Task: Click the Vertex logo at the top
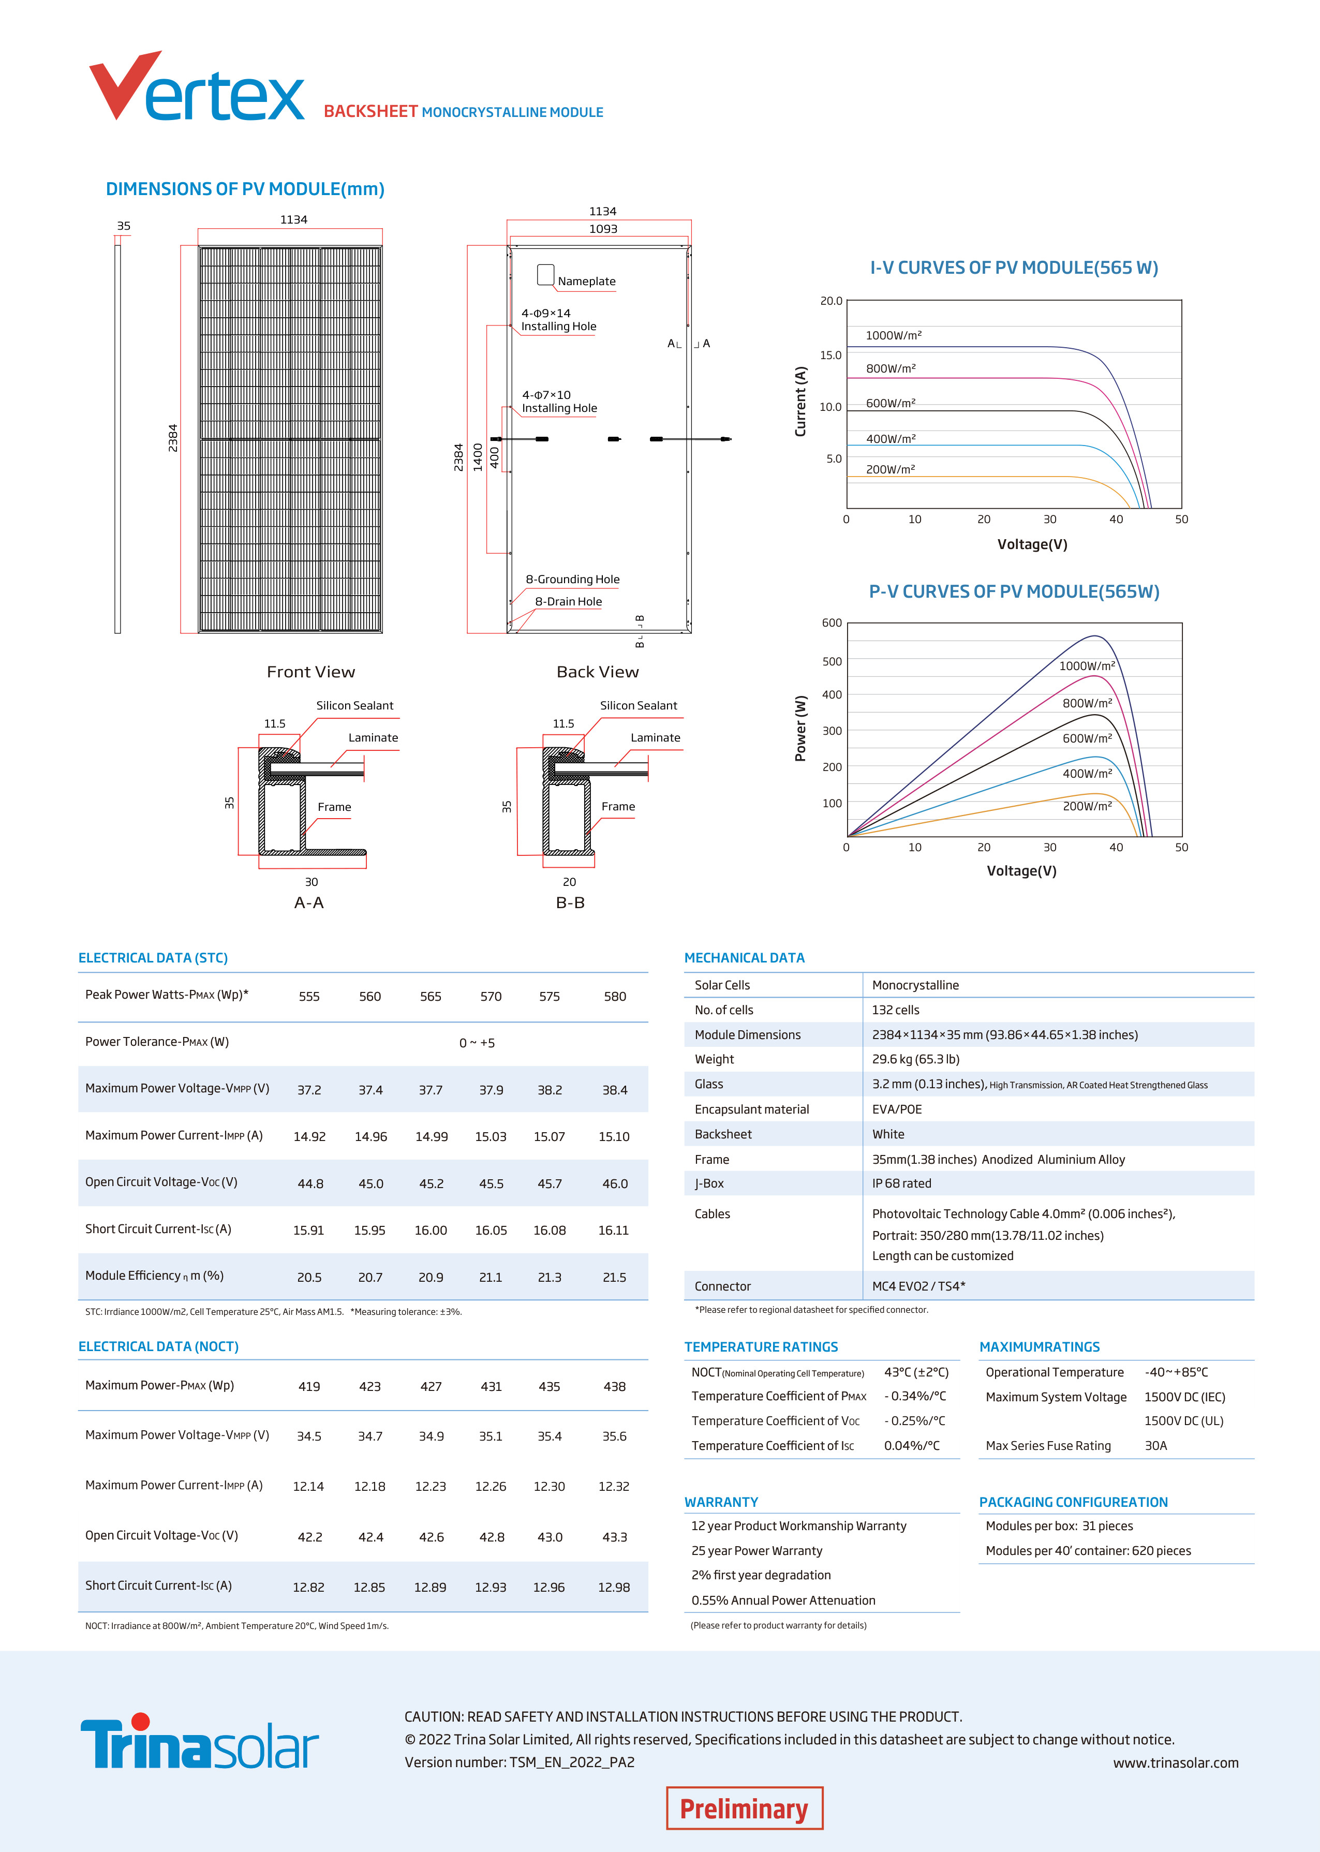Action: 197,88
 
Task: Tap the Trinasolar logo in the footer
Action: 199,1742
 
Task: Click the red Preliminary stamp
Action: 744,1809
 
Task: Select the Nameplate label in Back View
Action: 586,281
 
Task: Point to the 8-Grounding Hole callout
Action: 572,580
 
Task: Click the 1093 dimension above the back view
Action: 603,229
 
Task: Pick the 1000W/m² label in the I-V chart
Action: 893,336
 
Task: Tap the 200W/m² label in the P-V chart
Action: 1087,806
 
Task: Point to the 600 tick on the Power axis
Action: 832,624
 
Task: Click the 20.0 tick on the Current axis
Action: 830,301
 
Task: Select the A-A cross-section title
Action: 309,903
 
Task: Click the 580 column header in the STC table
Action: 615,996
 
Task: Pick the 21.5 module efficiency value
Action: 615,1278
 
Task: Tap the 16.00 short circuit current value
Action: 431,1231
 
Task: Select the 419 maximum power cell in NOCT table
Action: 309,1386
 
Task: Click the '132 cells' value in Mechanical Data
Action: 896,1010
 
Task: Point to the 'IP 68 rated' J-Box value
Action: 901,1183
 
